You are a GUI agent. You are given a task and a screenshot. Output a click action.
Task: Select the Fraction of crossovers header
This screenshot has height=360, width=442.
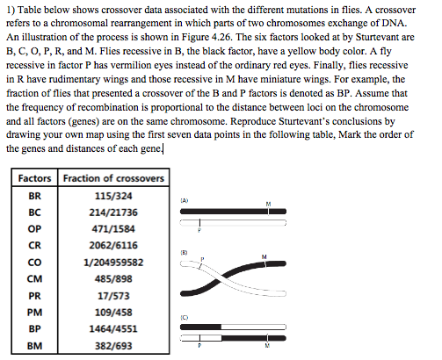[112, 178]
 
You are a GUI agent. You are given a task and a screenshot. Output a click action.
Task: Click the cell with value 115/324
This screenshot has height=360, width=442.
[112, 195]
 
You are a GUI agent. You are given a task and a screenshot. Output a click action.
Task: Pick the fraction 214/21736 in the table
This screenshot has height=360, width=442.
[112, 212]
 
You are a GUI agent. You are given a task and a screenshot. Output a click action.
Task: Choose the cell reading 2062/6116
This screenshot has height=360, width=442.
[112, 245]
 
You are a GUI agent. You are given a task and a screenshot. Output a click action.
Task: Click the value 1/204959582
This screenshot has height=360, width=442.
[112, 262]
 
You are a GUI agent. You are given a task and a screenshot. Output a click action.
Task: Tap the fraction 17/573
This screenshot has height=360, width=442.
[112, 295]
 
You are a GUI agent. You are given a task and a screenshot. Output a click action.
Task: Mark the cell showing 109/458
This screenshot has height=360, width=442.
[112, 312]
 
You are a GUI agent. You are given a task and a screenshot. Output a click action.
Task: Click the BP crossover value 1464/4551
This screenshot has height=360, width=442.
[112, 328]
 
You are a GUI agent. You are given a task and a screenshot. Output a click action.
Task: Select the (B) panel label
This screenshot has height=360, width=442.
[185, 251]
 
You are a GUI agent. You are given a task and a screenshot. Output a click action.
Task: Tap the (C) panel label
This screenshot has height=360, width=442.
[185, 315]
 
